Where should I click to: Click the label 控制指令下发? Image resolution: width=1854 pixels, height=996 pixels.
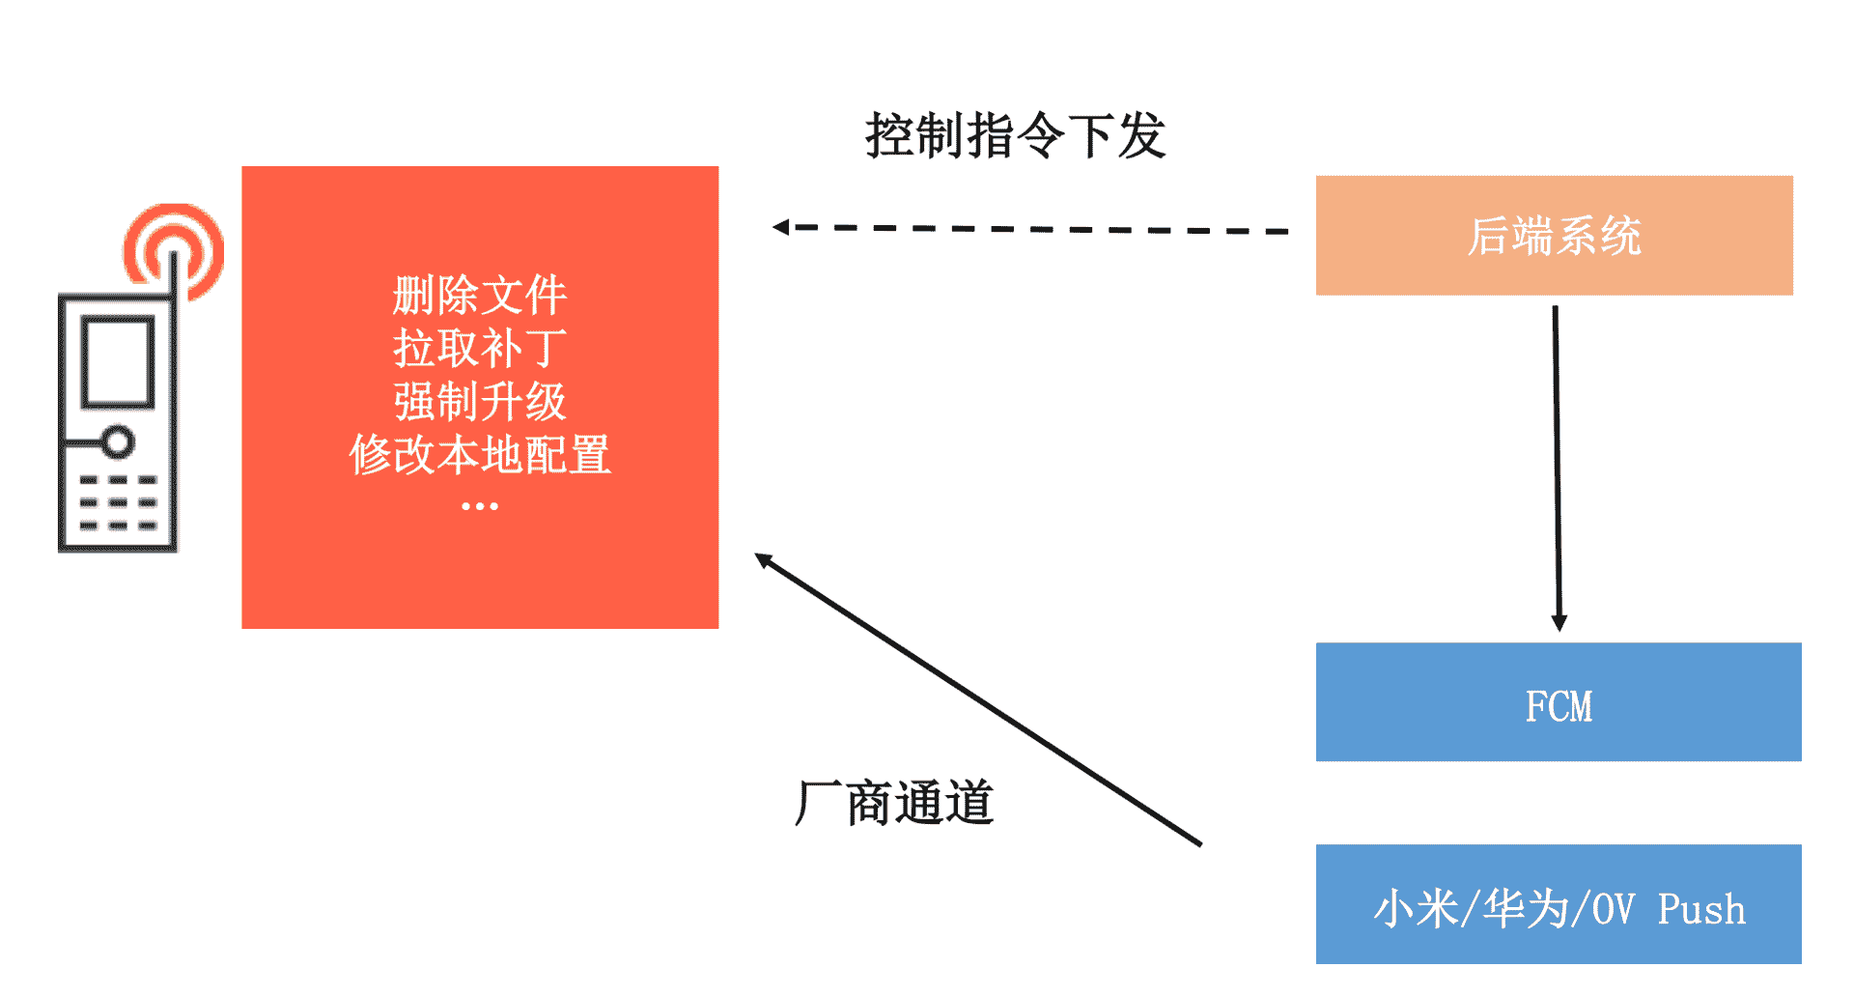(x=1015, y=135)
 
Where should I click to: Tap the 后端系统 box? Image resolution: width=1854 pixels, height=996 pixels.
(x=1554, y=236)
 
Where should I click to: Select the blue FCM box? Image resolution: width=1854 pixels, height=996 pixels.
(x=1558, y=702)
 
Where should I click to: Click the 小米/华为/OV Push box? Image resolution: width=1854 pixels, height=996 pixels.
(x=1558, y=904)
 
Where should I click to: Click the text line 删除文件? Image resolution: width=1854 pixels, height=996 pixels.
(x=479, y=295)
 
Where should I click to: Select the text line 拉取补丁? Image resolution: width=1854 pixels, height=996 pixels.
(x=479, y=348)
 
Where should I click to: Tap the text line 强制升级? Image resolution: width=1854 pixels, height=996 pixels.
(x=479, y=401)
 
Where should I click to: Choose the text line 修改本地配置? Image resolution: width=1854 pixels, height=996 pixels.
(x=479, y=454)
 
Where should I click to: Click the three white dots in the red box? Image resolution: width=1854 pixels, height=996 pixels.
(x=479, y=506)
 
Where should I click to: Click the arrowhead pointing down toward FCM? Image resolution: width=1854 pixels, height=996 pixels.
(x=1559, y=622)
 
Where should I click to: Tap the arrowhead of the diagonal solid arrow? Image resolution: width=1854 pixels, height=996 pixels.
(x=764, y=559)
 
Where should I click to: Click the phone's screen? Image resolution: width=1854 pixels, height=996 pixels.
(x=118, y=360)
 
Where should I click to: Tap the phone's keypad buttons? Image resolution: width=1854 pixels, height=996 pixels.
(x=118, y=502)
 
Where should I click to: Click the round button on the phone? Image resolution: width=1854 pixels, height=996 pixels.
(x=118, y=442)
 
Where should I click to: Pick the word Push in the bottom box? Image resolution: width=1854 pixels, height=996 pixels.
(x=1701, y=910)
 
